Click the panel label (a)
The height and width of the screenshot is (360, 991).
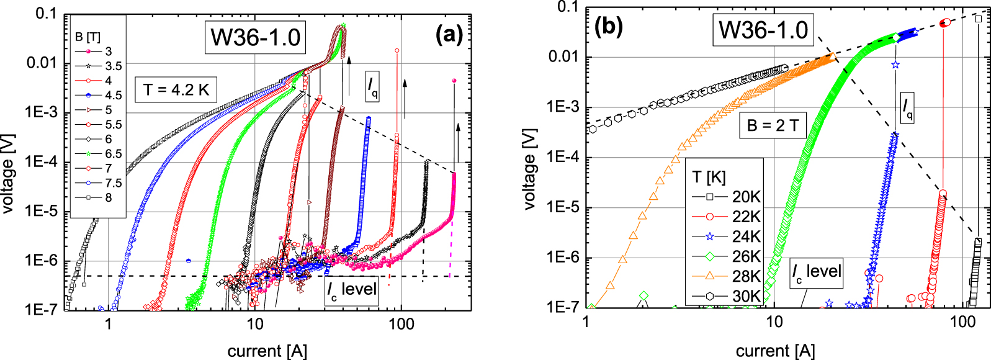pyautogui.click(x=449, y=35)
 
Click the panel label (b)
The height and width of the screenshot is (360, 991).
pyautogui.click(x=608, y=27)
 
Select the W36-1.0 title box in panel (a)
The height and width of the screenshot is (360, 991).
pyautogui.click(x=255, y=38)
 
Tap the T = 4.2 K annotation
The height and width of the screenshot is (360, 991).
pyautogui.click(x=176, y=90)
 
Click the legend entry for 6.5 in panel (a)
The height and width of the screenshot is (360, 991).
pyautogui.click(x=98, y=154)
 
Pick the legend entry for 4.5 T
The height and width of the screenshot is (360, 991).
pyautogui.click(x=98, y=95)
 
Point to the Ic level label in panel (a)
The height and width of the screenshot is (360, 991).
pyautogui.click(x=352, y=290)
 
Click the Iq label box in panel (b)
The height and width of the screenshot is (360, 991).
pyautogui.click(x=907, y=107)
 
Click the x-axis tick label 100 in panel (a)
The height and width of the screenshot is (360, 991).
pyautogui.click(x=401, y=324)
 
